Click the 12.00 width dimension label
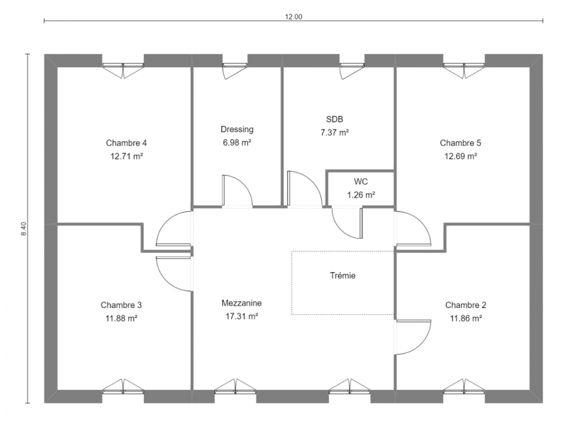(294, 16)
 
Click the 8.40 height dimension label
(24, 228)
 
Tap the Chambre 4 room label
(127, 143)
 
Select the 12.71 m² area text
(127, 156)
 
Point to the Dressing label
(237, 130)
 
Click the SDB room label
(334, 119)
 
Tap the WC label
(360, 181)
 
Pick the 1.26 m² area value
(361, 195)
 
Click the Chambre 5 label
(460, 143)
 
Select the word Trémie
(343, 276)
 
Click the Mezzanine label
(241, 303)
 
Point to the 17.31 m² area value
(242, 317)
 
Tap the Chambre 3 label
(121, 305)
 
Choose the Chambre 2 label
(466, 305)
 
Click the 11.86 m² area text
(466, 319)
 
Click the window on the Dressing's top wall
(235, 70)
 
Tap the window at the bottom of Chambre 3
(123, 386)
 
